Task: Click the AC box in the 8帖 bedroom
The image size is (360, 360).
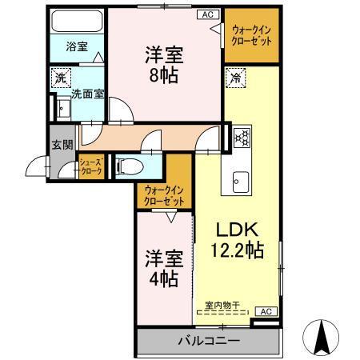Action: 206,14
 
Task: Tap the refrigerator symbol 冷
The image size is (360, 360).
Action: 235,78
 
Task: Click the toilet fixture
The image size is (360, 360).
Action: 128,166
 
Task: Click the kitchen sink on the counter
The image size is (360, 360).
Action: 241,181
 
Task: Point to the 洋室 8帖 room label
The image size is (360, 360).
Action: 164,65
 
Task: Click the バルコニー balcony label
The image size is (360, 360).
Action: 207,341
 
